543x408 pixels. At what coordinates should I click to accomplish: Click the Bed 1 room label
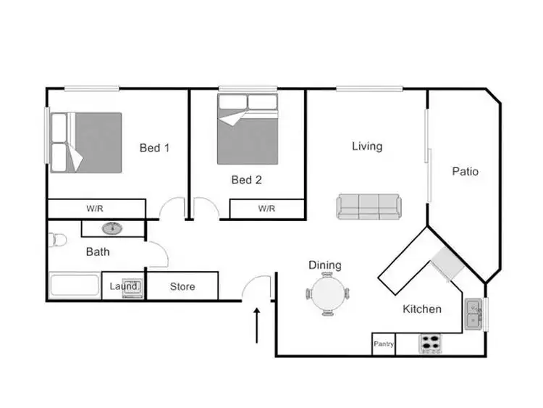(x=154, y=149)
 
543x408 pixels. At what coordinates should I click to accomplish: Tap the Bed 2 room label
(x=246, y=180)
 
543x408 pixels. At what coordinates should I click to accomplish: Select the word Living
(x=367, y=146)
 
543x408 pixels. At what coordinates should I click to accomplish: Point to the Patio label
(x=465, y=172)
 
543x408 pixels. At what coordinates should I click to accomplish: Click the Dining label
(x=325, y=265)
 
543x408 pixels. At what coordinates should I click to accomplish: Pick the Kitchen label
(x=422, y=309)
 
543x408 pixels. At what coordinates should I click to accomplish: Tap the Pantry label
(x=383, y=344)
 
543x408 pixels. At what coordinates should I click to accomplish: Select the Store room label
(x=182, y=286)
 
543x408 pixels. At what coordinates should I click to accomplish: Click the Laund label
(x=122, y=286)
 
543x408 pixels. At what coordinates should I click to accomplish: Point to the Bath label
(x=98, y=252)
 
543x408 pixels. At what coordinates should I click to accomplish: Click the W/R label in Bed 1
(x=95, y=209)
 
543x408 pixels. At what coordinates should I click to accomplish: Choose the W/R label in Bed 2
(x=266, y=209)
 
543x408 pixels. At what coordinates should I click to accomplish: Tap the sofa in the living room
(x=368, y=207)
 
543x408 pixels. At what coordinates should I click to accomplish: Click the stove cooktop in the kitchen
(x=431, y=343)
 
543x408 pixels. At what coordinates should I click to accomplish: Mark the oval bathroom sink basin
(x=111, y=228)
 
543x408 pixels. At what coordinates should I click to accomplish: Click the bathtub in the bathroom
(x=74, y=286)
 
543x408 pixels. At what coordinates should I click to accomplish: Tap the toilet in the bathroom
(x=56, y=239)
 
